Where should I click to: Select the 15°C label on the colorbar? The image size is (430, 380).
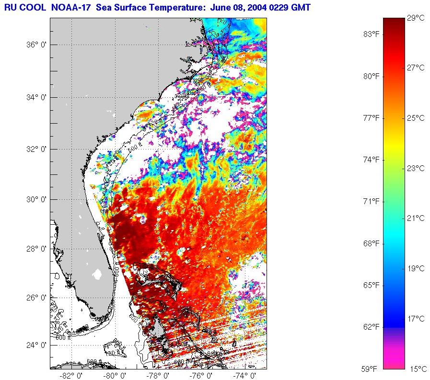tap(416, 369)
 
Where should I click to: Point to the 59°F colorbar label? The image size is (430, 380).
tap(370, 369)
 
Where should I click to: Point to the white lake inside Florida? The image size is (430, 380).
tap(98, 274)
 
